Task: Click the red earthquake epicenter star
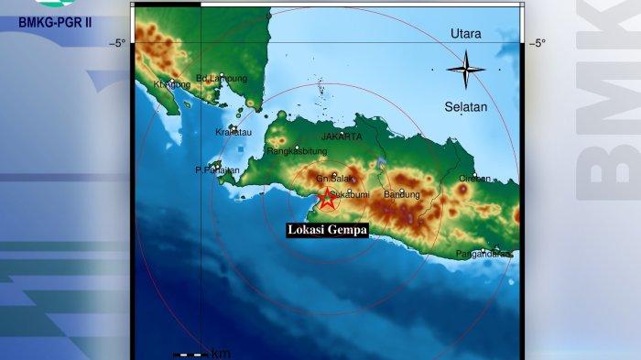(x=327, y=199)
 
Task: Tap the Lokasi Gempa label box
(x=327, y=231)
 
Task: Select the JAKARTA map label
(x=342, y=136)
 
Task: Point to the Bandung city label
(x=402, y=195)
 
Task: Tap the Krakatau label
(x=233, y=132)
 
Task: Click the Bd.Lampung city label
(x=222, y=79)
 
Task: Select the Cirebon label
(x=474, y=179)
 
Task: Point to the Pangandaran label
(x=483, y=254)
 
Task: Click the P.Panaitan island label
(x=217, y=169)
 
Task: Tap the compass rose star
(x=466, y=69)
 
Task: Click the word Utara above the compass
(x=466, y=34)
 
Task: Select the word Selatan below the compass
(x=466, y=107)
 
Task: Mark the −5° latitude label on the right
(x=538, y=43)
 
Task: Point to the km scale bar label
(x=221, y=354)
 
